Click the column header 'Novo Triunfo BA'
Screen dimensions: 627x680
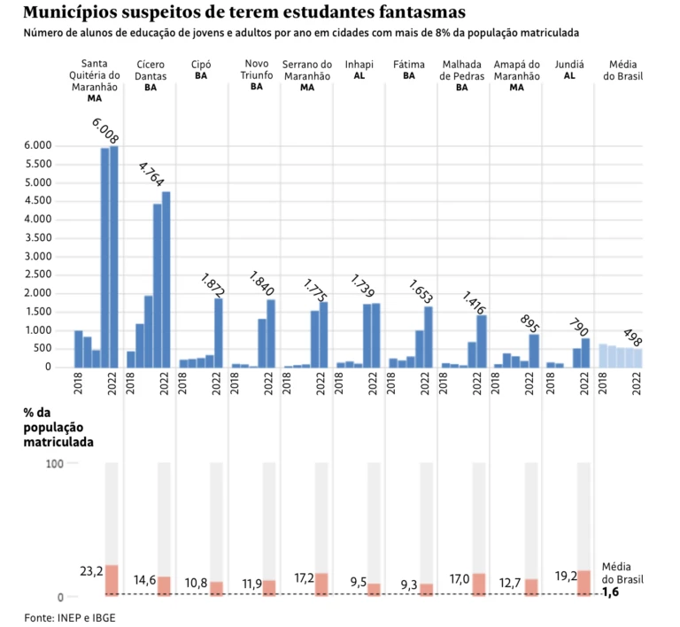click(257, 75)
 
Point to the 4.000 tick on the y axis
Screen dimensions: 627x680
click(38, 220)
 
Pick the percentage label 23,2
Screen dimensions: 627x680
click(91, 571)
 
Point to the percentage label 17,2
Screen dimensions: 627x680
click(304, 577)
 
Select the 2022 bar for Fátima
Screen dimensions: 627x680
click(429, 337)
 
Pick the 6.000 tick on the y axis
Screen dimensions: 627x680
click(38, 145)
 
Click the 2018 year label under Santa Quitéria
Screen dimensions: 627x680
click(79, 383)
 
